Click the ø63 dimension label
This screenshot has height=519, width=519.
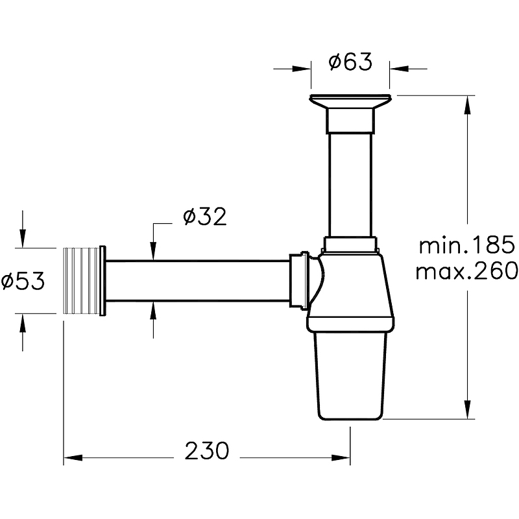click(350, 62)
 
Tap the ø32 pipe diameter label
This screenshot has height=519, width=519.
click(204, 217)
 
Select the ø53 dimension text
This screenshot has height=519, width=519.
click(23, 281)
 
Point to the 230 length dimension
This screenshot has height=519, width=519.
click(207, 450)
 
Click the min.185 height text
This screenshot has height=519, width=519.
click(466, 246)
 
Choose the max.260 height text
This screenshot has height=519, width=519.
click(466, 271)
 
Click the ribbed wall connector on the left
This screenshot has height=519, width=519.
click(80, 280)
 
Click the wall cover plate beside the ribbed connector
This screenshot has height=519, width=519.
click(103, 280)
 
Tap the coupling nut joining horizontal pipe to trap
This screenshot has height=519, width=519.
click(299, 280)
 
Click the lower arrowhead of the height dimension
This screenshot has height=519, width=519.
click(466, 410)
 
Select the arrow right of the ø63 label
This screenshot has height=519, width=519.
click(398, 68)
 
